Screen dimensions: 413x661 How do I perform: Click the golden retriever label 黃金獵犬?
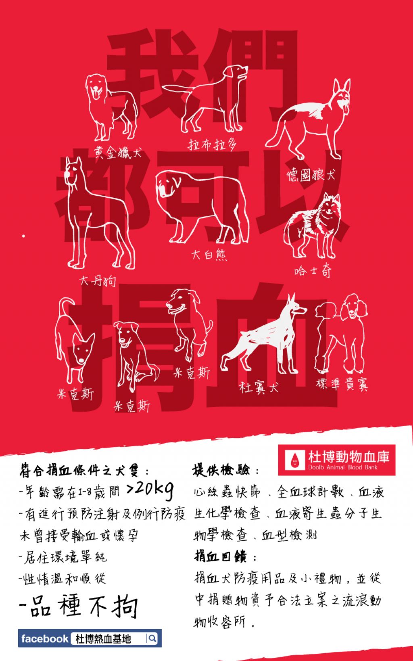[x=118, y=153]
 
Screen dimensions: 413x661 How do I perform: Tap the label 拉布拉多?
[x=212, y=144]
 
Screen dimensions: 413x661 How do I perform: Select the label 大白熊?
[x=209, y=255]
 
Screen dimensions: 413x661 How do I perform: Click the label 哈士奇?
[x=313, y=270]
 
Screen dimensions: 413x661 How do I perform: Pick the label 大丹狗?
[x=98, y=281]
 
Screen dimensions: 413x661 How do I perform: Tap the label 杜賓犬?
[x=259, y=387]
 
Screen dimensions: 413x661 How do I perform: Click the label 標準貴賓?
[x=342, y=384]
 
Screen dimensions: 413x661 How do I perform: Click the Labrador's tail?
[x=177, y=89]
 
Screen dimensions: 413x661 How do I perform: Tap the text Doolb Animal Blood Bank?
[x=343, y=467]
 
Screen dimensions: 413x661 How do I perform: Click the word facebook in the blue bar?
[x=45, y=639]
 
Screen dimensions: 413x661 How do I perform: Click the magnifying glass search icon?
[x=152, y=639]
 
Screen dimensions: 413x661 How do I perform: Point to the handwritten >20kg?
[x=150, y=490]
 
